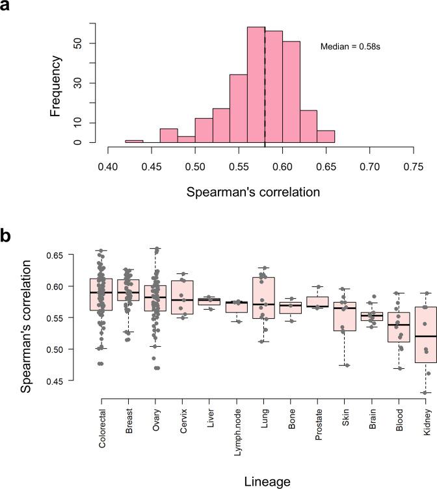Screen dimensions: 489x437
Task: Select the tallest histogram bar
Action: point(256,84)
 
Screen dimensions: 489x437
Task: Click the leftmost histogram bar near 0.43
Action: point(134,141)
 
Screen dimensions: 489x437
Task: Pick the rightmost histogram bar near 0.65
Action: point(326,136)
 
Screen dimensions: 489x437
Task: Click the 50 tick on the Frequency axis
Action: point(94,44)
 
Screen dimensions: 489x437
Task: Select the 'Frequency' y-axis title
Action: point(56,86)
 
